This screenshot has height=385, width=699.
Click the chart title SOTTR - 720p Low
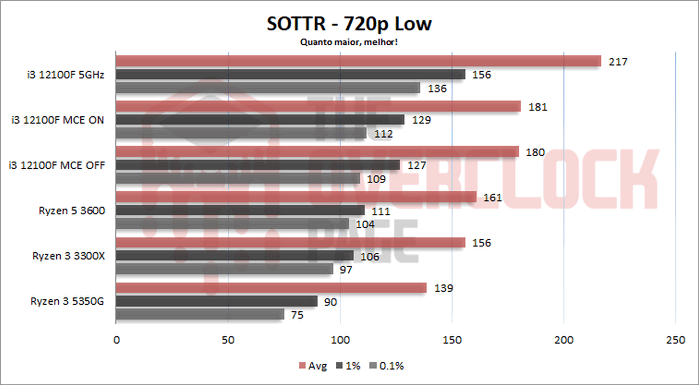pyautogui.click(x=349, y=24)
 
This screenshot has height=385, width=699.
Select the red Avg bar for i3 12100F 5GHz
pyautogui.click(x=358, y=61)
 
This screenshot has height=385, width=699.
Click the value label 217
pyautogui.click(x=618, y=62)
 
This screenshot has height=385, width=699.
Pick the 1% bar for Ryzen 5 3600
pyautogui.click(x=240, y=210)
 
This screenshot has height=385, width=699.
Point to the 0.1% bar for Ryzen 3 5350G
pyautogui.click(x=200, y=315)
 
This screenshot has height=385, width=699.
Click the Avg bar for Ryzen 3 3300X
pyautogui.click(x=291, y=242)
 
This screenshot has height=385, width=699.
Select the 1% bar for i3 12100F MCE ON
pyautogui.click(x=260, y=120)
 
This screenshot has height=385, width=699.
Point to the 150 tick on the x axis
pyautogui.click(x=452, y=340)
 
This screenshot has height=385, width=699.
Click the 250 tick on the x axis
pyautogui.click(x=676, y=340)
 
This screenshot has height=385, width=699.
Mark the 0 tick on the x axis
pyautogui.click(x=116, y=340)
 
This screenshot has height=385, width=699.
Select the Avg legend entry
pyautogui.click(x=313, y=366)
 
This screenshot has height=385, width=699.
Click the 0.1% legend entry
pyautogui.click(x=388, y=366)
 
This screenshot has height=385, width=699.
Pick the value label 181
pyautogui.click(x=537, y=107)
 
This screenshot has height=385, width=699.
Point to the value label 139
pyautogui.click(x=443, y=288)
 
